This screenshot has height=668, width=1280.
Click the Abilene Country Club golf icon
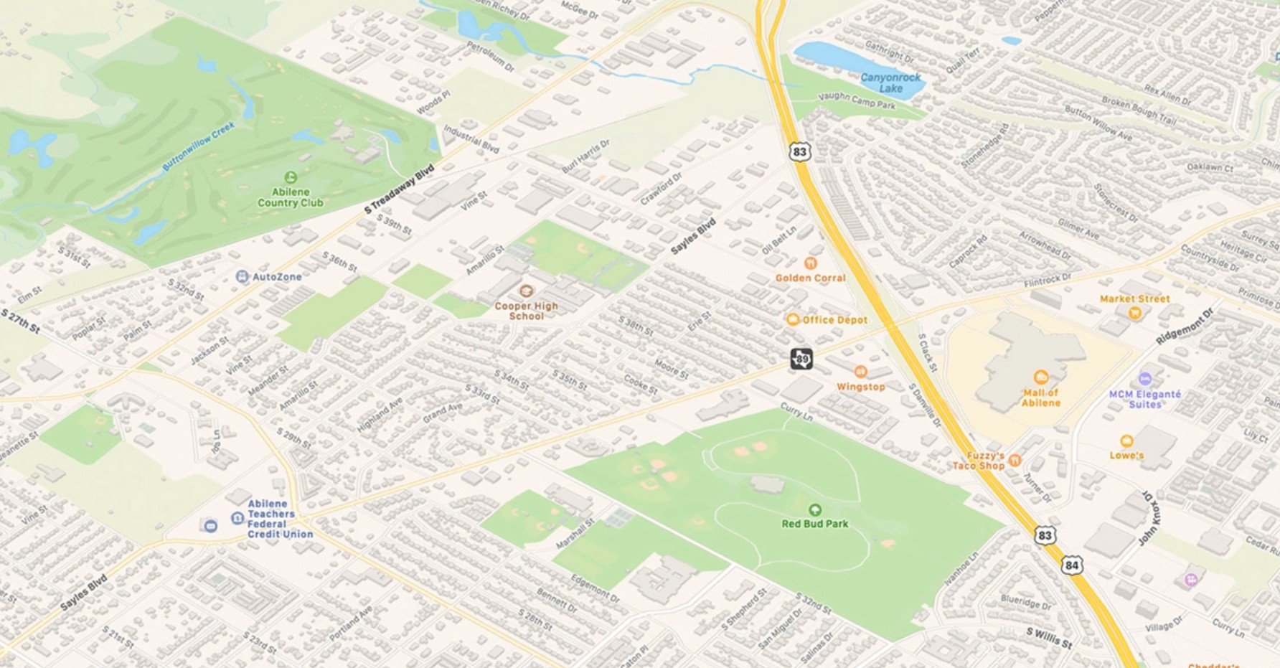(291, 177)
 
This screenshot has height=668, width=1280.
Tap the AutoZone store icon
(243, 277)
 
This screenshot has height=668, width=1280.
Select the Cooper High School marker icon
(526, 291)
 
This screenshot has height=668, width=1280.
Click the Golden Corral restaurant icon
(811, 263)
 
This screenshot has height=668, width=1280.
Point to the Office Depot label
(834, 320)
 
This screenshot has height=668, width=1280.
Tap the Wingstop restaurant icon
(860, 372)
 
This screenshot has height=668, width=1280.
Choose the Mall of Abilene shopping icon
(1040, 377)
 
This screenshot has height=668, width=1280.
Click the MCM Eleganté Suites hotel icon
(1145, 379)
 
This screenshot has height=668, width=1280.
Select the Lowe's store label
(1126, 456)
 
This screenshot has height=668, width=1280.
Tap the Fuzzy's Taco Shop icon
(1015, 460)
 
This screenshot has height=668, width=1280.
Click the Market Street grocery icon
(1134, 312)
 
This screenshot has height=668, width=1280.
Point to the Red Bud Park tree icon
(814, 509)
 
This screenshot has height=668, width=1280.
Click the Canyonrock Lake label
(890, 83)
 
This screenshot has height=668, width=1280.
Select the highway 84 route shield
(1071, 565)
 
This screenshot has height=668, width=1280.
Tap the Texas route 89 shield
(801, 359)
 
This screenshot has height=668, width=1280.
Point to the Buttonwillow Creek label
(198, 146)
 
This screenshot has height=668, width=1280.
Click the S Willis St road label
(1048, 637)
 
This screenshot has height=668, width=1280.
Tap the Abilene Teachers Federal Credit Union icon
(237, 518)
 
